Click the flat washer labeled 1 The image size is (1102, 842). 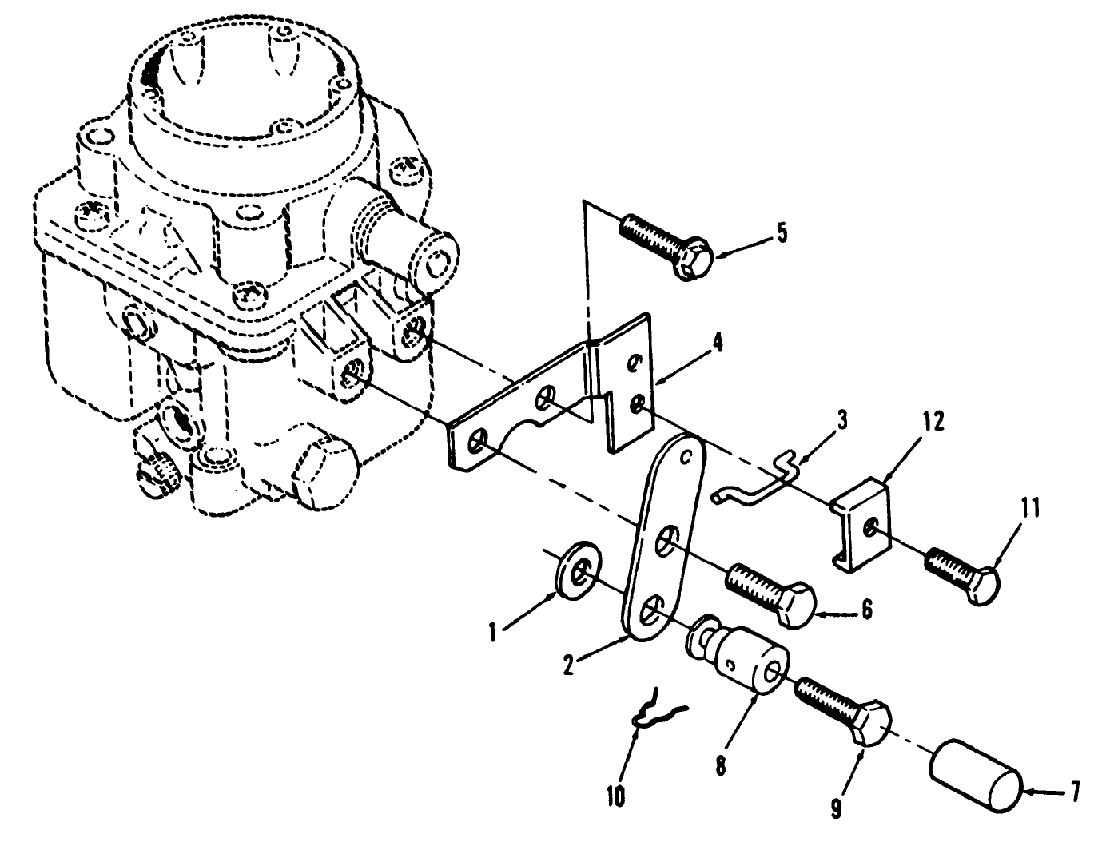click(574, 566)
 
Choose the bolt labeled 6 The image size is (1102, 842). click(770, 590)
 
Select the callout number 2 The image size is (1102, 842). click(568, 665)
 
